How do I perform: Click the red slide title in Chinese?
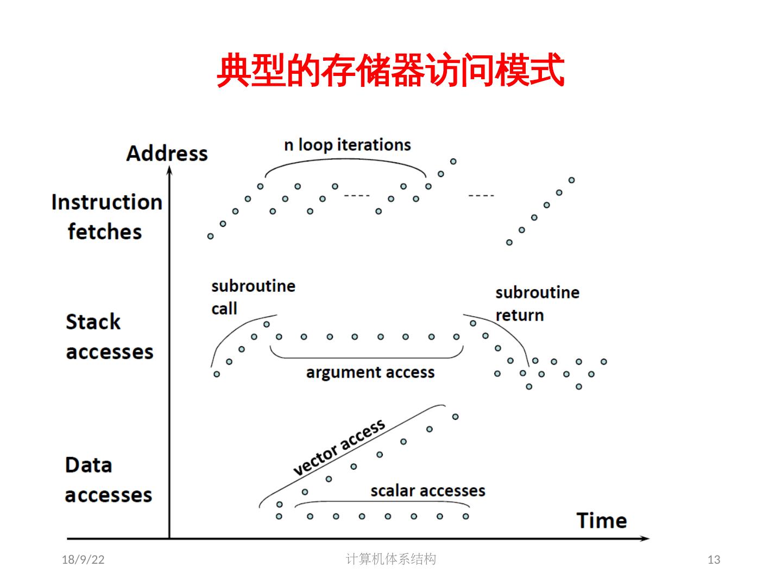[390, 71]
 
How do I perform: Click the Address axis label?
[167, 154]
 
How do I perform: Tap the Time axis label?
[601, 521]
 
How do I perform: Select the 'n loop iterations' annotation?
[348, 145]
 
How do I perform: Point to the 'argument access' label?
[370, 373]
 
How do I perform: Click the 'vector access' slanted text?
[339, 447]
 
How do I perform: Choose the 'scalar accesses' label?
[427, 491]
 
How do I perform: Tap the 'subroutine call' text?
[253, 297]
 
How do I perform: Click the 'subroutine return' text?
[537, 303]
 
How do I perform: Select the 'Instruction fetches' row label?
[106, 217]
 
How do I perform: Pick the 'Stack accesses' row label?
[109, 336]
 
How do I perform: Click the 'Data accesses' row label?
[108, 480]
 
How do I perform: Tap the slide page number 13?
[714, 560]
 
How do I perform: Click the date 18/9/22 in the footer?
[83, 560]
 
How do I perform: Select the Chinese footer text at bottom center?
[390, 559]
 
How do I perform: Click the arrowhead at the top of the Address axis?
[169, 170]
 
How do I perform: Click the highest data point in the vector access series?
[455, 417]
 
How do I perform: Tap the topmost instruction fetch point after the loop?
[453, 161]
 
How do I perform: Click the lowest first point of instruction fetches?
[211, 236]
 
